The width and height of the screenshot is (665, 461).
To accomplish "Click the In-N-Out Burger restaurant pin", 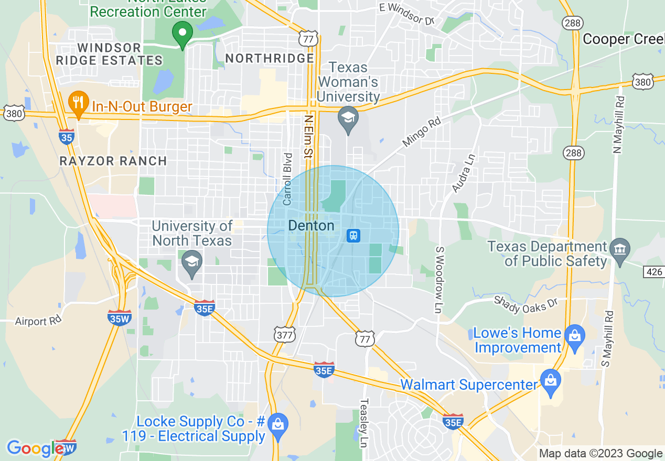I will coord(78,103).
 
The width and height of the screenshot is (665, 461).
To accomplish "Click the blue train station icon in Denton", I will coord(353,236).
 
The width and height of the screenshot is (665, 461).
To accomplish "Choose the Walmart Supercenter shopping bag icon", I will coord(551,381).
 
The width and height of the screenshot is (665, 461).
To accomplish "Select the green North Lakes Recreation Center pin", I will coord(183,34).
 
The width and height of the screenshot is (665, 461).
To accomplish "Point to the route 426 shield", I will coord(653,271).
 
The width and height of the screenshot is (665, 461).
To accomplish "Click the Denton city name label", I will coord(311,226).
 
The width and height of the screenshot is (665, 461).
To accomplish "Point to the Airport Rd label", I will coord(38,321).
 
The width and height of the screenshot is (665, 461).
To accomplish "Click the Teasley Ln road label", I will coord(363,423).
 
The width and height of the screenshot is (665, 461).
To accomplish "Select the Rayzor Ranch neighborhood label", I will coord(113,161).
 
